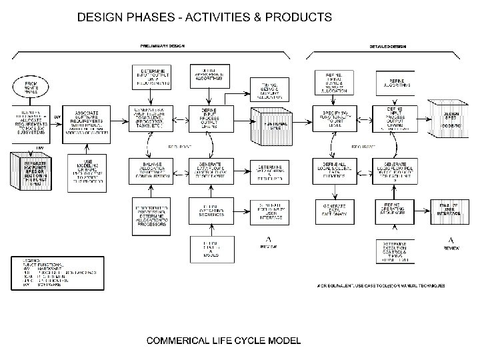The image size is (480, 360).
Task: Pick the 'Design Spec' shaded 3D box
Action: [451, 120]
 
